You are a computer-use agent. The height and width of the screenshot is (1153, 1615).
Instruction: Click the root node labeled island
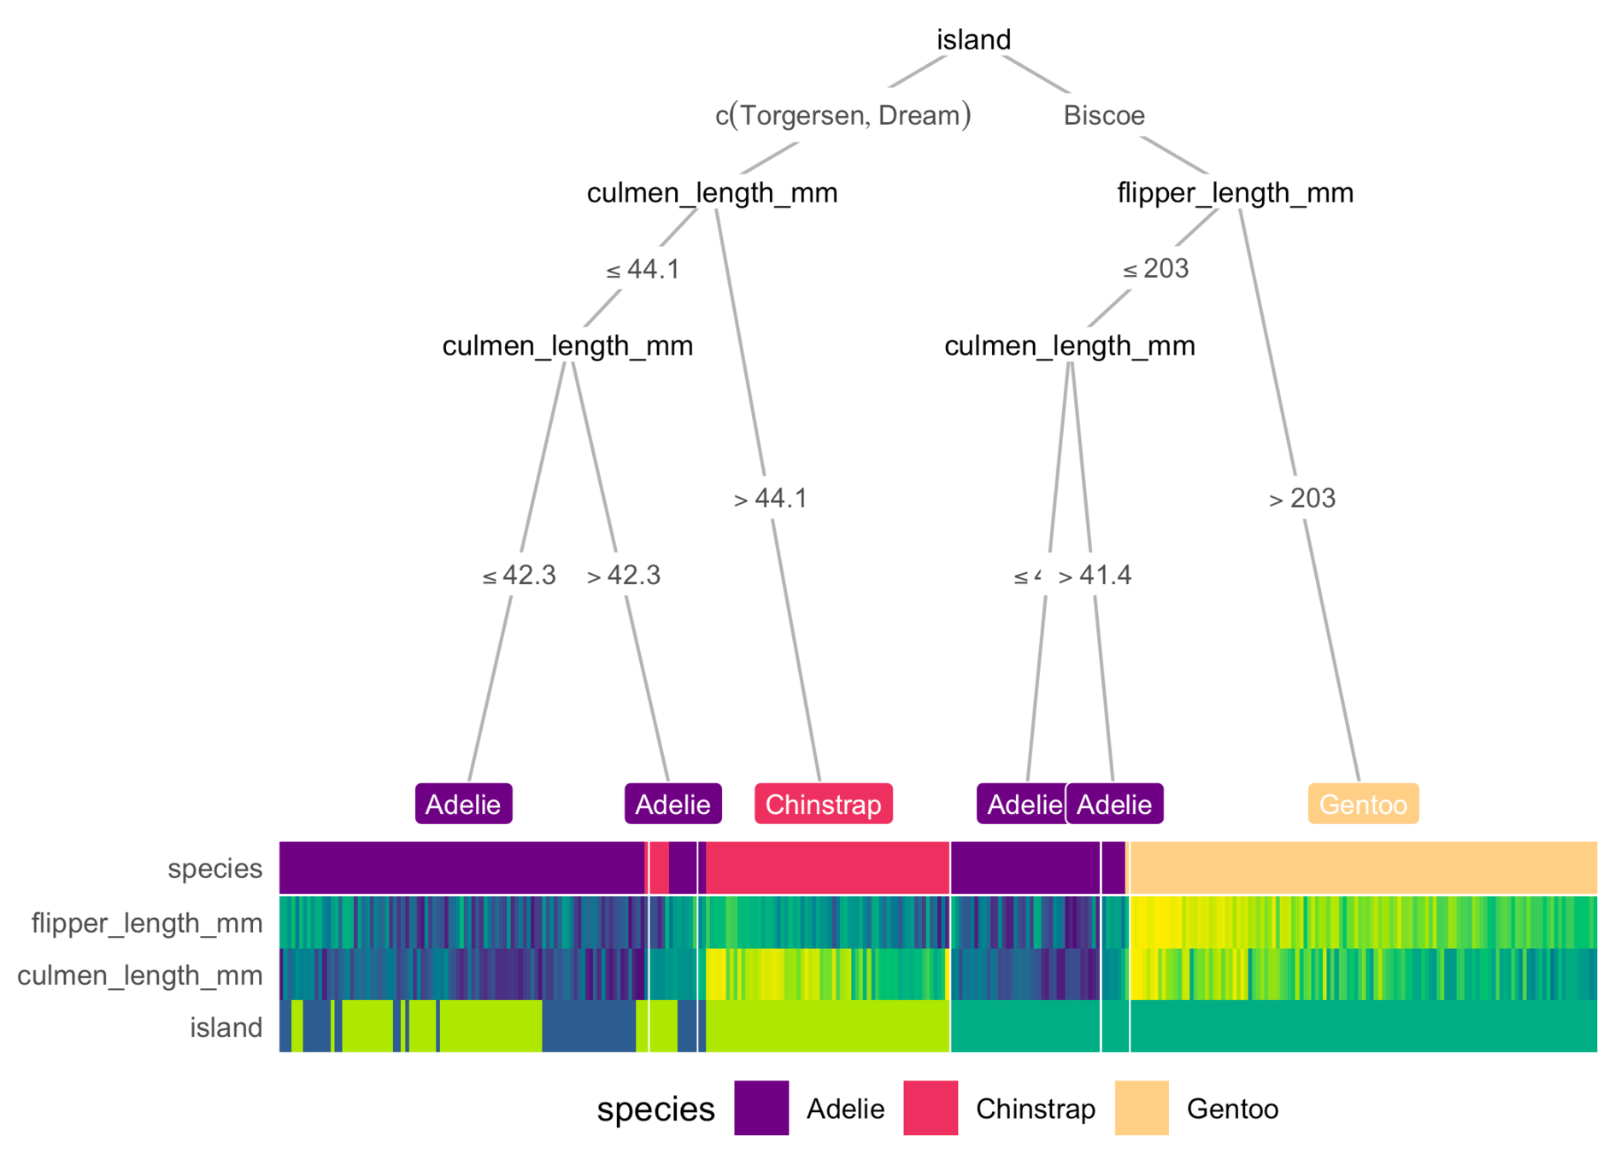click(973, 40)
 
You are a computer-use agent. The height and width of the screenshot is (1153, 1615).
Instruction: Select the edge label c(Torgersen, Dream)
click(843, 115)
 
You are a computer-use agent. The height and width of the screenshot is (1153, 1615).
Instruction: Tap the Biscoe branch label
click(1103, 115)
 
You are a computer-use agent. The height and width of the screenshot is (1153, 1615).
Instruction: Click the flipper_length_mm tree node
click(1235, 193)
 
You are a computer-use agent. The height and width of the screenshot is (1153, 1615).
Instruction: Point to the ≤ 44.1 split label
click(643, 270)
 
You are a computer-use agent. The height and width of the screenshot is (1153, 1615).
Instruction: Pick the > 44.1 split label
click(770, 499)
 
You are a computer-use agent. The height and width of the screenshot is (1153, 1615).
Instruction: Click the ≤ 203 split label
click(1155, 269)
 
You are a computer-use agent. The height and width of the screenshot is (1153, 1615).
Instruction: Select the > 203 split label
click(1301, 499)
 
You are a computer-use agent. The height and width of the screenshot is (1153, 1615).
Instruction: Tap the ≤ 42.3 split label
click(519, 576)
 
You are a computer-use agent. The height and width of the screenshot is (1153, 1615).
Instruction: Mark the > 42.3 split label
click(624, 576)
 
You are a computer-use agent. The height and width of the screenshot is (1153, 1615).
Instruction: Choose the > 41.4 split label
click(1095, 576)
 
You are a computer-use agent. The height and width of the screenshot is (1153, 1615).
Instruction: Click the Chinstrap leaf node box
click(823, 804)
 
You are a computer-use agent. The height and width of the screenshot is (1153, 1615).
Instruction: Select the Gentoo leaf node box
click(1363, 804)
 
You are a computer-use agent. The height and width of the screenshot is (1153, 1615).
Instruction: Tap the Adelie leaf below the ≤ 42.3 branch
click(463, 804)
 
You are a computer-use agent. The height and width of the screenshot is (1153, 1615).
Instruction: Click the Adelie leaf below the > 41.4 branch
click(1114, 804)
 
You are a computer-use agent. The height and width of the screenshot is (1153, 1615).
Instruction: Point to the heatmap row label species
click(214, 869)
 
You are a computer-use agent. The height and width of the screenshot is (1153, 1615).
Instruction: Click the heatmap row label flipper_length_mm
click(147, 922)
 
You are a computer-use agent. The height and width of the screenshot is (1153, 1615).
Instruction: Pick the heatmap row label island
click(226, 1027)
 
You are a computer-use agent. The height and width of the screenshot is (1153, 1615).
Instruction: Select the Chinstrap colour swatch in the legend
click(931, 1109)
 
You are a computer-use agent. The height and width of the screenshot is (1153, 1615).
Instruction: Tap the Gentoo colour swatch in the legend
click(1142, 1109)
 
